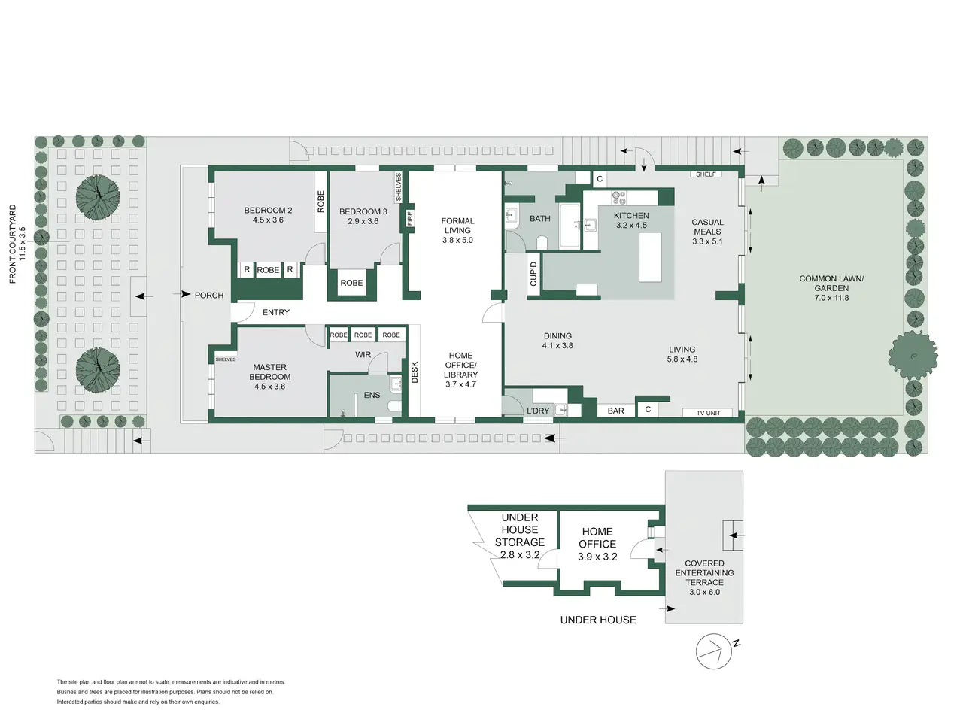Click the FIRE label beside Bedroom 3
pyautogui.click(x=410, y=218)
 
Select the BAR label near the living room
pyautogui.click(x=615, y=411)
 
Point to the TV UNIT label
pyautogui.click(x=708, y=413)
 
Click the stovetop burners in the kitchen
pyautogui.click(x=619, y=198)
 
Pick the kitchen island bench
pyautogui.click(x=650, y=257)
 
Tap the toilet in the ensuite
pyautogui.click(x=394, y=406)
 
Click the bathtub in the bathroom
pyautogui.click(x=570, y=226)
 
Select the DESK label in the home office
pyautogui.click(x=415, y=372)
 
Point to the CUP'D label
pyautogui.click(x=533, y=274)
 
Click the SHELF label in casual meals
pyautogui.click(x=706, y=174)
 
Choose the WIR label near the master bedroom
pyautogui.click(x=363, y=355)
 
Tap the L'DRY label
pyautogui.click(x=538, y=411)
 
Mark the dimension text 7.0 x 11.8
pyautogui.click(x=831, y=298)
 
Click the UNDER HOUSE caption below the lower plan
pyautogui.click(x=598, y=620)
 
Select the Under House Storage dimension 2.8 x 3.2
pyautogui.click(x=519, y=554)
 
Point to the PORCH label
pyautogui.click(x=209, y=295)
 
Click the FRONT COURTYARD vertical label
pyautogui.click(x=12, y=244)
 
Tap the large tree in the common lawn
pyautogui.click(x=913, y=356)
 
